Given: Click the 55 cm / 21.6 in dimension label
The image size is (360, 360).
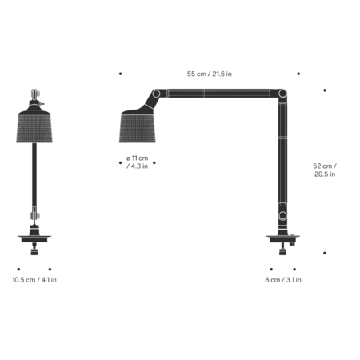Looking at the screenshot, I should [210, 74].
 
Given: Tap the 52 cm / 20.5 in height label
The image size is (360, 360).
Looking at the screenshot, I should [324, 170].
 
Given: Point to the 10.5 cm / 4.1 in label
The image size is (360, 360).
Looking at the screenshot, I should [34, 280].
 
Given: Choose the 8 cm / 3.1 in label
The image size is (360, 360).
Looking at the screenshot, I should [283, 280].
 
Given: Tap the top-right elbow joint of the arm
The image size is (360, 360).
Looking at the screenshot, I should [281, 94].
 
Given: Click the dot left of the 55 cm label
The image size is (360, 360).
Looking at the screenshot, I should [120, 74].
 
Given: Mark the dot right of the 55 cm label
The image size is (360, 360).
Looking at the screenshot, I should [299, 74].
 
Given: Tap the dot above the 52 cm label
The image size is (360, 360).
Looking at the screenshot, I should [325, 90].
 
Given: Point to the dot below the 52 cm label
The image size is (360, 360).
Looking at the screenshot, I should [325, 253].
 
